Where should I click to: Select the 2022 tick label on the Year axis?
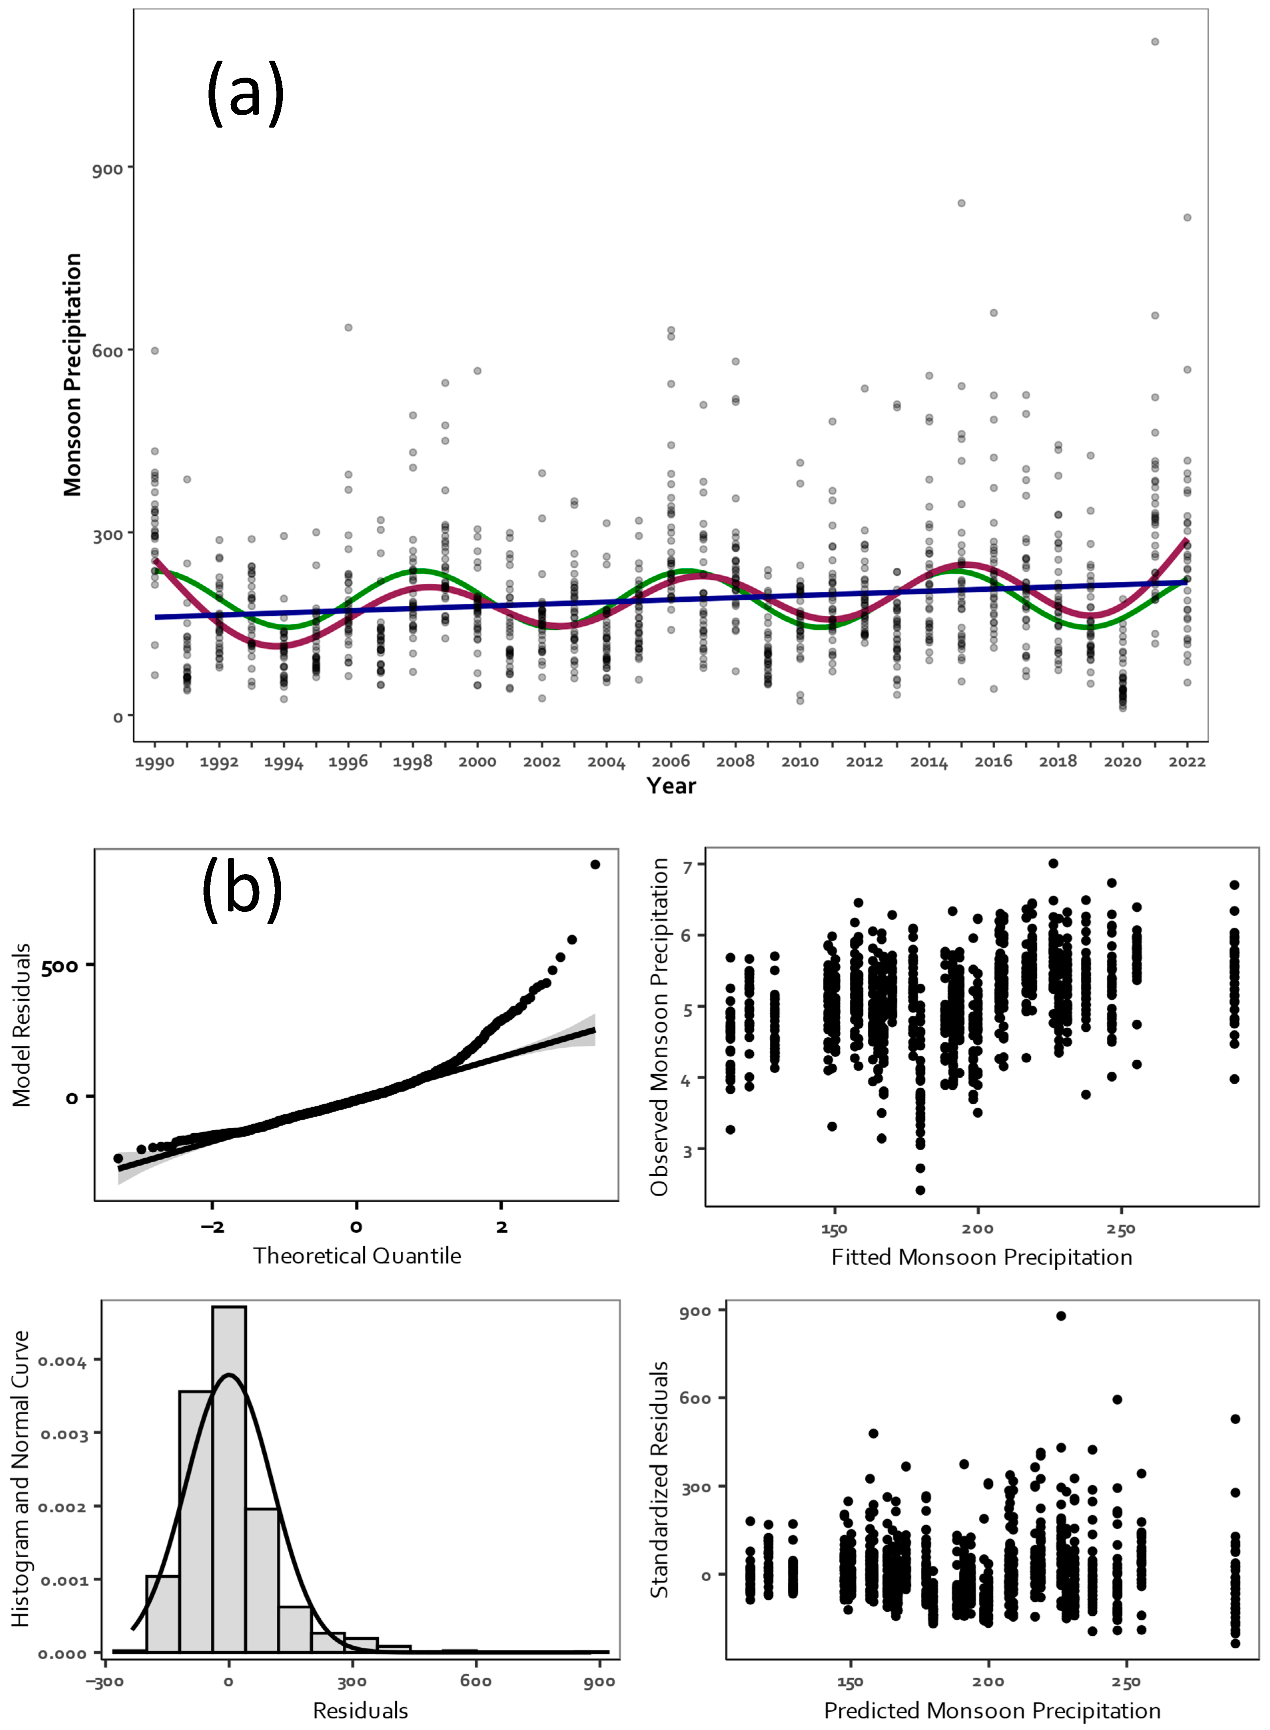pyautogui.click(x=1187, y=762)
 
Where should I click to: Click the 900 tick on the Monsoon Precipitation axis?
pyautogui.click(x=107, y=168)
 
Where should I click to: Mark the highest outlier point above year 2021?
pyautogui.click(x=1155, y=42)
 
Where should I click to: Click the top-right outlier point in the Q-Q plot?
pyautogui.click(x=594, y=864)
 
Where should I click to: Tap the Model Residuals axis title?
pyautogui.click(x=22, y=1025)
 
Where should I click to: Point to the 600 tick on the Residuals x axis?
pyautogui.click(x=476, y=1681)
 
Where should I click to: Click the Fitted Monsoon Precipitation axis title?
pyautogui.click(x=982, y=1257)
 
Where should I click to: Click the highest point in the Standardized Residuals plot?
pyautogui.click(x=1061, y=1316)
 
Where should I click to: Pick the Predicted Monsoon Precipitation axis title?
pyautogui.click(x=992, y=1711)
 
